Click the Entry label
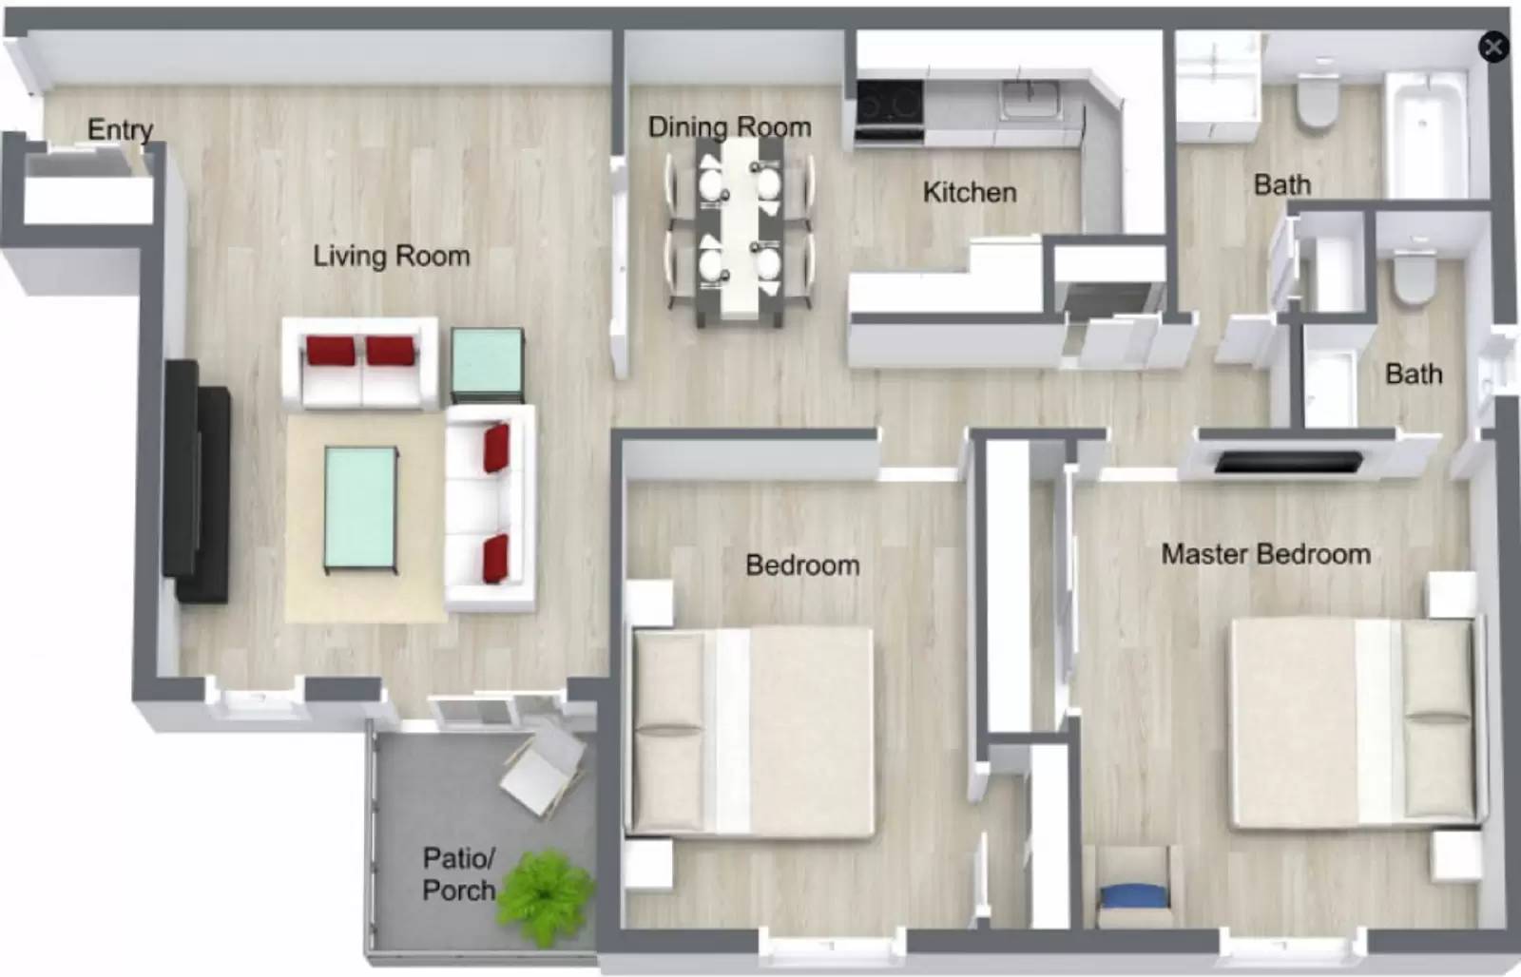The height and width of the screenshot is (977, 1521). tap(120, 129)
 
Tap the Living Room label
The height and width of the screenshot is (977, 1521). tap(392, 256)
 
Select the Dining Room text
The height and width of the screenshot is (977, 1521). tap(729, 127)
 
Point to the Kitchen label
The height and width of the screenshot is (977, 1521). tap(969, 192)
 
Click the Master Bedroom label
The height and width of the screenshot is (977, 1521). tap(1265, 554)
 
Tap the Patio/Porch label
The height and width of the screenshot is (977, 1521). tap(458, 874)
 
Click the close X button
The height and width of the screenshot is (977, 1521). tap(1493, 47)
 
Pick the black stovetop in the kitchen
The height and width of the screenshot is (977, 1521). tap(889, 102)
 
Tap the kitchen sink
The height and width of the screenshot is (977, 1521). tap(1030, 98)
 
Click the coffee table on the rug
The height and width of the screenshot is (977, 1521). tap(360, 508)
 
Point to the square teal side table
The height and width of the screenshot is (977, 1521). tap(487, 363)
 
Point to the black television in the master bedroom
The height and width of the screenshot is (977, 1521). tap(1288, 463)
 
